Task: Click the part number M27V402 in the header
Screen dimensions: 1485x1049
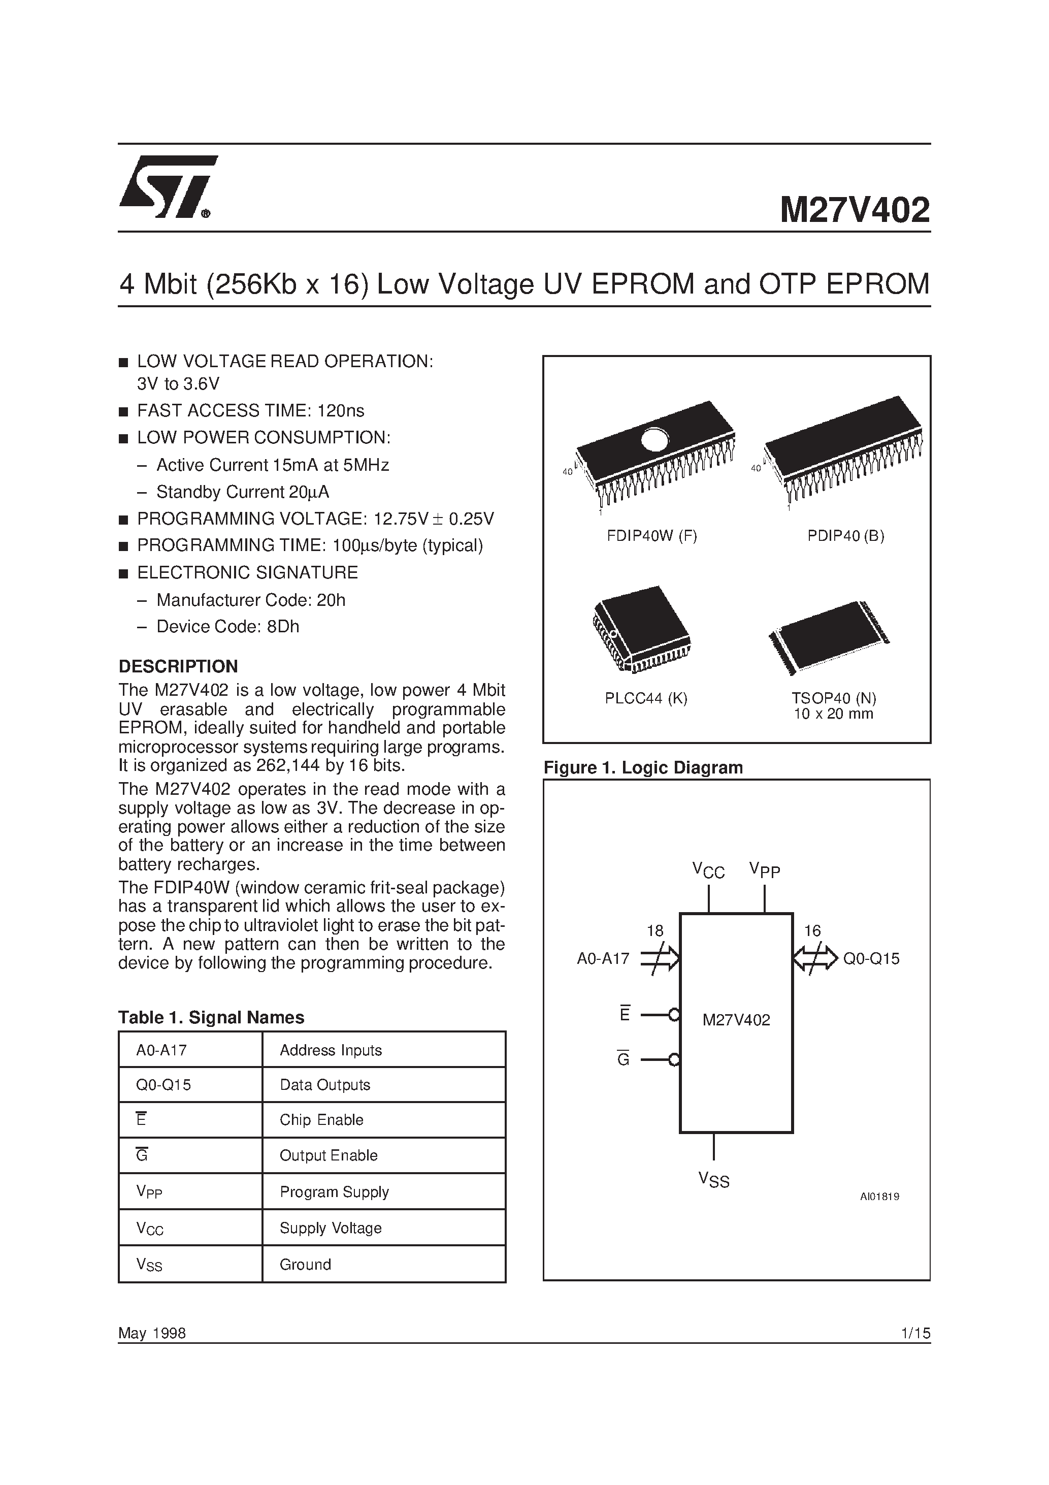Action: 855,210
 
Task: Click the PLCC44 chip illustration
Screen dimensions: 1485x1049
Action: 641,630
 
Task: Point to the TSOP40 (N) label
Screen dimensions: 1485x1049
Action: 834,698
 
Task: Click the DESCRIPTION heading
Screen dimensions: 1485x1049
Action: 178,666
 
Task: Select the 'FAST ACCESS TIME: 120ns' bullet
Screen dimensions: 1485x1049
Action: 250,411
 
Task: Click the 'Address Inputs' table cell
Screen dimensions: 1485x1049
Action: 331,1050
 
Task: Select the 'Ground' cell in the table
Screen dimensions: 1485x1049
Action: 305,1265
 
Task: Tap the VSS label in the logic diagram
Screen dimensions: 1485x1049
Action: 713,1180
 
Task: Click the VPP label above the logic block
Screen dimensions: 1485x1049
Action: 765,870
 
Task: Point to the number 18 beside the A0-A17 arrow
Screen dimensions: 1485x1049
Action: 654,931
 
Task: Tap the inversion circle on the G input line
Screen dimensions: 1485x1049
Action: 674,1059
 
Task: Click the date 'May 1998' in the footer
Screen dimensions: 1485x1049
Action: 152,1333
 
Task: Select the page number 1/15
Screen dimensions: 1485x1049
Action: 914,1333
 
